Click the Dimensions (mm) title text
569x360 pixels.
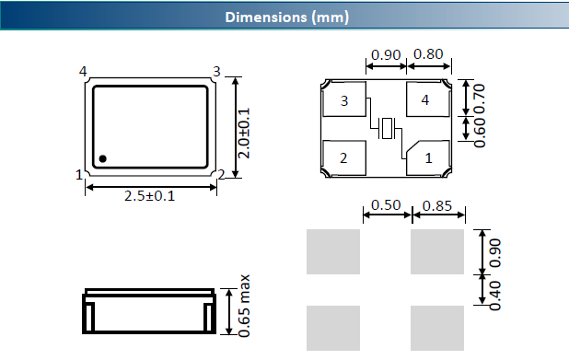tap(286, 17)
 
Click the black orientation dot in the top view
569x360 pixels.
tap(103, 158)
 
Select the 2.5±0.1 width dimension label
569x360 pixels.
tap(149, 196)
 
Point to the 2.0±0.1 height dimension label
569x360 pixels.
tap(244, 133)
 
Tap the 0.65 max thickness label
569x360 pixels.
tap(244, 306)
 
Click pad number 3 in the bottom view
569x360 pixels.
tap(344, 99)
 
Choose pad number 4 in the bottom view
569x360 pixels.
tap(428, 99)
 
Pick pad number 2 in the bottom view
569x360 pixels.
tap(344, 157)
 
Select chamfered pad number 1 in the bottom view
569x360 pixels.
tap(428, 157)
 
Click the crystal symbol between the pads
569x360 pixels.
tap(387, 128)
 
